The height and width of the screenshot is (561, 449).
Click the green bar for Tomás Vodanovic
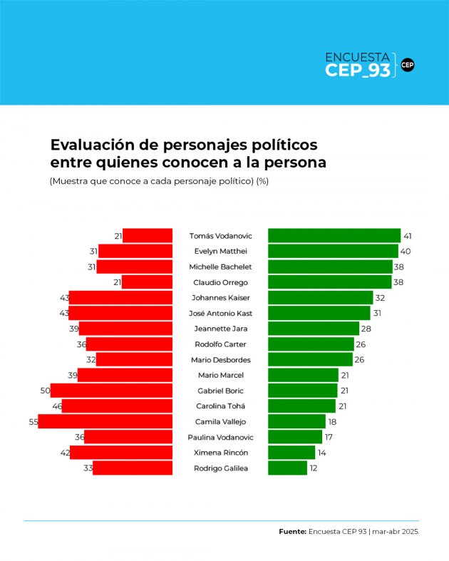334,236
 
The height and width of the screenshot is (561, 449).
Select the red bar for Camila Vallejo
105,421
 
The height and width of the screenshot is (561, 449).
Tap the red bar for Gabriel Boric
111,391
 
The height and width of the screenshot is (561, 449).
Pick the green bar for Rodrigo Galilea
287,468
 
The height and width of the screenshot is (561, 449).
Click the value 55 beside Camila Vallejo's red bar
33,421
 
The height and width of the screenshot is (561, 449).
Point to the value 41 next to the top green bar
408,236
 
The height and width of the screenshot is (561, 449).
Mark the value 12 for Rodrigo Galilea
314,468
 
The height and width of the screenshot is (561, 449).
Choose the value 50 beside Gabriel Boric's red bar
45,391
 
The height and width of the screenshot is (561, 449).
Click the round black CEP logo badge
408,65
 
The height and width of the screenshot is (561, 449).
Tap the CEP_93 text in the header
357,70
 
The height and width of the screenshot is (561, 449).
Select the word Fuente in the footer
292,531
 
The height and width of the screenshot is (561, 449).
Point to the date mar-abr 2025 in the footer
396,531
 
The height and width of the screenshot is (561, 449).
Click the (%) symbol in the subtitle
262,181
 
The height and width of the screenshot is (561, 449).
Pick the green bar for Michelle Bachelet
330,267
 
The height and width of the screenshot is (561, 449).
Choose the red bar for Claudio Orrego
147,282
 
